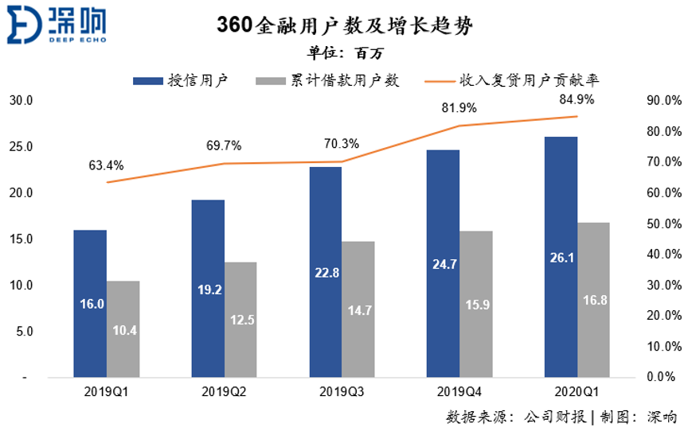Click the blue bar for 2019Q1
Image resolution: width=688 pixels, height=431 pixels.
pos(90,303)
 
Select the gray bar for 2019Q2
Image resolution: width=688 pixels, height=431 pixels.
pos(240,319)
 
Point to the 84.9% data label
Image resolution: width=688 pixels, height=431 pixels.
pos(577,99)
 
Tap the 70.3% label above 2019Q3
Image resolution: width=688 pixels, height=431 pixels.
pos(342,145)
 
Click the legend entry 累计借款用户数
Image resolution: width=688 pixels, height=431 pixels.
pos(327,80)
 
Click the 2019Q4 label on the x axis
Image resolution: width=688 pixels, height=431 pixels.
pos(459,391)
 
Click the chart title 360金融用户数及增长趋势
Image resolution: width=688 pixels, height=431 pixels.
pos(345,27)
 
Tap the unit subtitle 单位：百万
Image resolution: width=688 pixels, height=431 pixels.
pos(344,54)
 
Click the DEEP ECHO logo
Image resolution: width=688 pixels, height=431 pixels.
pos(57,25)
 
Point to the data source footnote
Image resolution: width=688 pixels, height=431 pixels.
pos(562,416)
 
